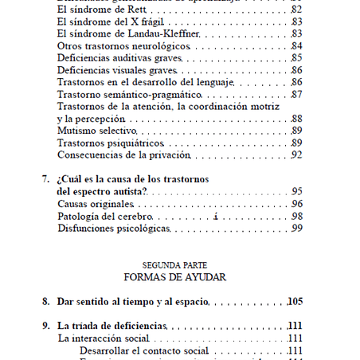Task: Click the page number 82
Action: point(296,9)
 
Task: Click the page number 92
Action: point(296,155)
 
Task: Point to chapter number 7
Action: point(45,179)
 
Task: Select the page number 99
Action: point(296,229)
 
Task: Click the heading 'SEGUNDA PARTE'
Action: point(174,265)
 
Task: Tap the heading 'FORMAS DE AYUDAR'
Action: point(174,278)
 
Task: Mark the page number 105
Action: point(295,302)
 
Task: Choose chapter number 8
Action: point(45,302)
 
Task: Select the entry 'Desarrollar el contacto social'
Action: point(144,350)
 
